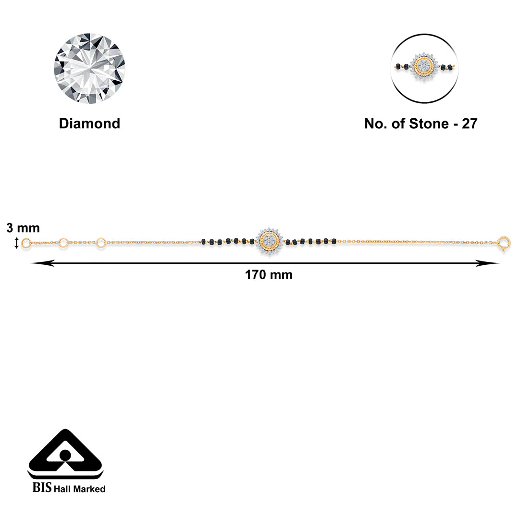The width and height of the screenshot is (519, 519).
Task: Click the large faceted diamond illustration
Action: [89, 68]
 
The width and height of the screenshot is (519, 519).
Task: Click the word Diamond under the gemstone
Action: [89, 124]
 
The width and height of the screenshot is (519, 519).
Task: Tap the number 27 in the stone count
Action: [470, 124]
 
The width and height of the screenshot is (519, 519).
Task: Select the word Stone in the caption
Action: [429, 124]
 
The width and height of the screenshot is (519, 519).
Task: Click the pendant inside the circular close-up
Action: [424, 67]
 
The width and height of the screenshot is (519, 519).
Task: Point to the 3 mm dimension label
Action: [23, 228]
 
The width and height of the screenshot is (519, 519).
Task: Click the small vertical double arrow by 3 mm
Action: [16, 243]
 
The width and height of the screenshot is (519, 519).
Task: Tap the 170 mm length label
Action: [269, 275]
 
